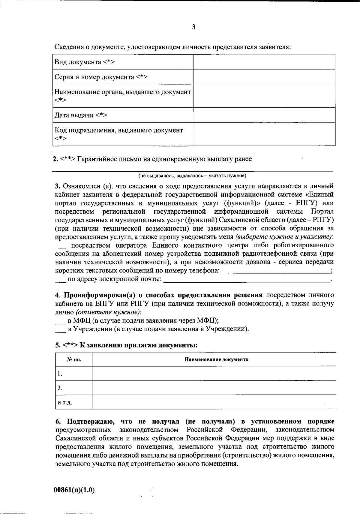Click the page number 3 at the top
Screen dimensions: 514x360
(193, 27)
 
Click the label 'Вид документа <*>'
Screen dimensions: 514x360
(85, 62)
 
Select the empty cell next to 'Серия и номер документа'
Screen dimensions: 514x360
(264, 77)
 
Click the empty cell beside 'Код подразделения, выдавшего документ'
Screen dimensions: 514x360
(264, 134)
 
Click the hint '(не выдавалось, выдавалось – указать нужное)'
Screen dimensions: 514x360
(192, 175)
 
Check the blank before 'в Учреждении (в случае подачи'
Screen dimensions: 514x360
(61, 330)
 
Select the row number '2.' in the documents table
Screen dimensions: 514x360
(60, 388)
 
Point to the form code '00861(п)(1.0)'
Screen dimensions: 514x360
(74, 490)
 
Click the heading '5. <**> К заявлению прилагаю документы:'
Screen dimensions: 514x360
(126, 345)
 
